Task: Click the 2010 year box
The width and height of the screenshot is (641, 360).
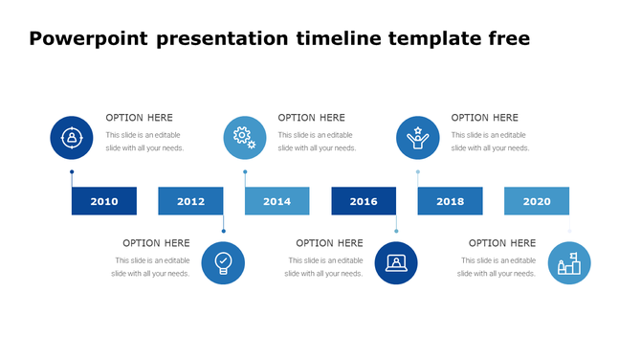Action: click(x=104, y=201)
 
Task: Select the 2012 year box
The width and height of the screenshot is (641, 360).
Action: click(x=190, y=201)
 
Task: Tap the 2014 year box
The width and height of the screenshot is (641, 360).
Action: click(x=276, y=201)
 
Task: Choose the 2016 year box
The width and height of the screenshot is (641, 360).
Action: click(x=364, y=201)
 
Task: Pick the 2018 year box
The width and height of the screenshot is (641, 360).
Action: click(x=450, y=201)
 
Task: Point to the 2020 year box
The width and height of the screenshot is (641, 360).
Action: click(x=537, y=201)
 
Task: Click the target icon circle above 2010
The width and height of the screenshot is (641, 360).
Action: click(x=71, y=137)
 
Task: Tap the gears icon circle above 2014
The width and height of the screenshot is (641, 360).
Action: click(x=245, y=137)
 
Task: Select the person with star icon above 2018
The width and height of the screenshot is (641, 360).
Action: click(x=418, y=137)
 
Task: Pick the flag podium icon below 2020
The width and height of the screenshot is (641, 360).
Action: click(x=569, y=263)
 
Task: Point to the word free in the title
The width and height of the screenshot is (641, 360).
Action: click(x=504, y=39)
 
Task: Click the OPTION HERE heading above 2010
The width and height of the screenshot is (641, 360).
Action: click(x=139, y=118)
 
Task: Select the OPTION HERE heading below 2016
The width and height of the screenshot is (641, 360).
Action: click(x=329, y=243)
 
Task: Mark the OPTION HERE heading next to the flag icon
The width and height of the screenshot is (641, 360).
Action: click(x=502, y=243)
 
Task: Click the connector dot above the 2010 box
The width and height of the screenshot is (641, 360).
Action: click(x=72, y=172)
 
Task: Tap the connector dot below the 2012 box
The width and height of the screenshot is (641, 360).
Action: click(x=223, y=231)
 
